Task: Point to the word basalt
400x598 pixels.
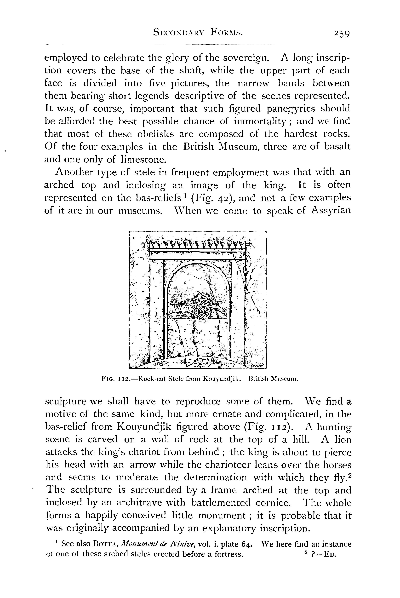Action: click(x=337, y=147)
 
